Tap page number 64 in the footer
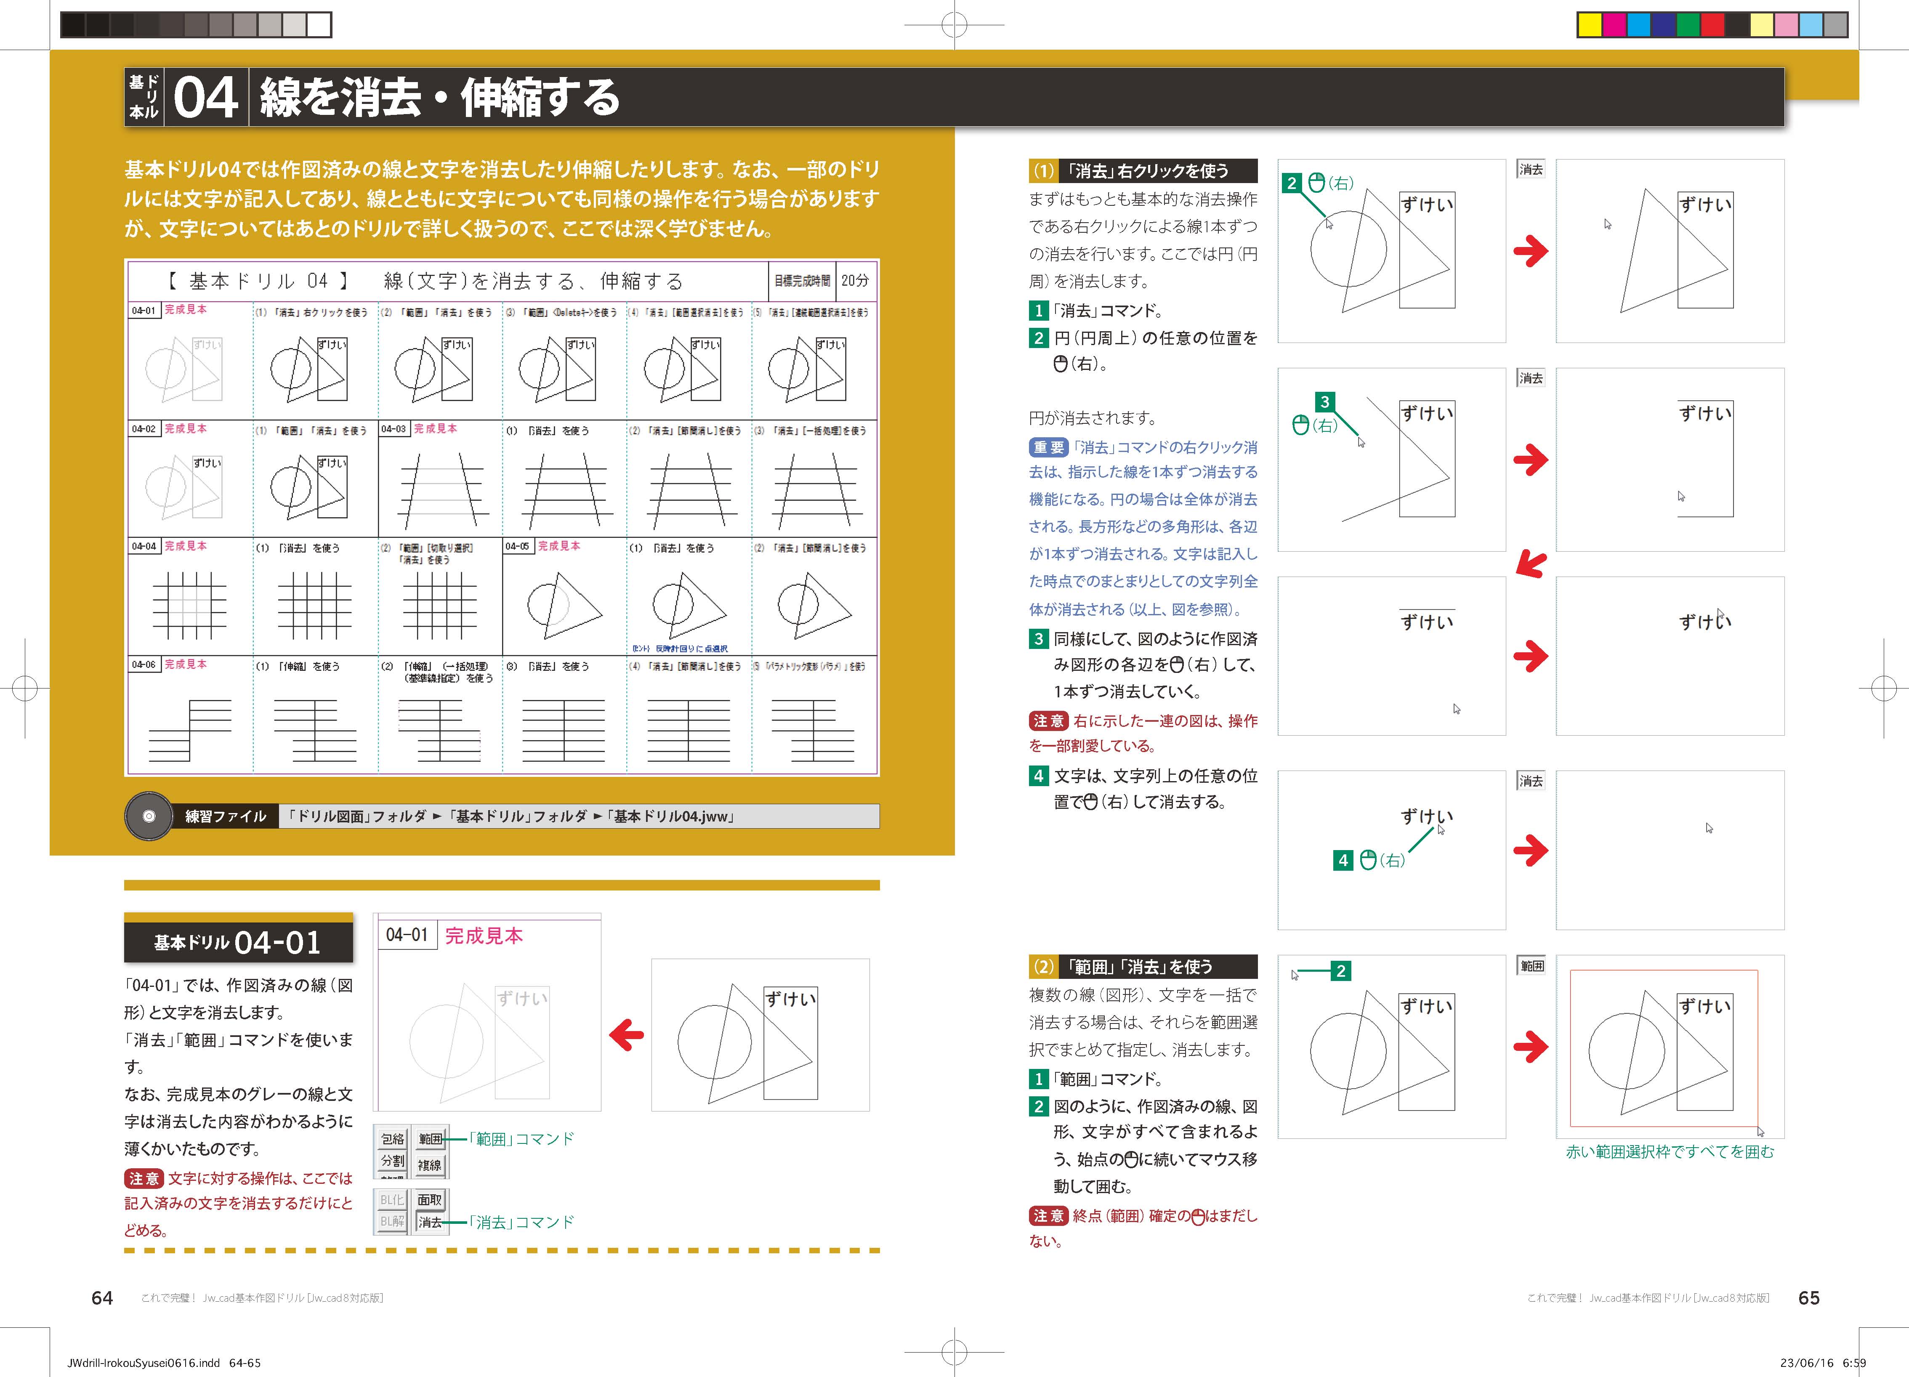pyautogui.click(x=102, y=1298)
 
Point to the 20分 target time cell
pyautogui.click(x=855, y=280)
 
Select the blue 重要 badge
pyautogui.click(x=1048, y=447)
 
